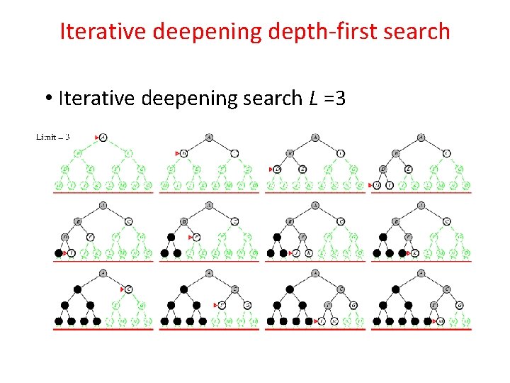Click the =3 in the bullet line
(336, 98)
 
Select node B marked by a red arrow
(184, 152)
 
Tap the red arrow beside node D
(271, 169)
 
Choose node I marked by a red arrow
(71, 252)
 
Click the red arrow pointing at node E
(191, 237)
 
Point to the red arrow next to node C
(122, 289)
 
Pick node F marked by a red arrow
(220, 305)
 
